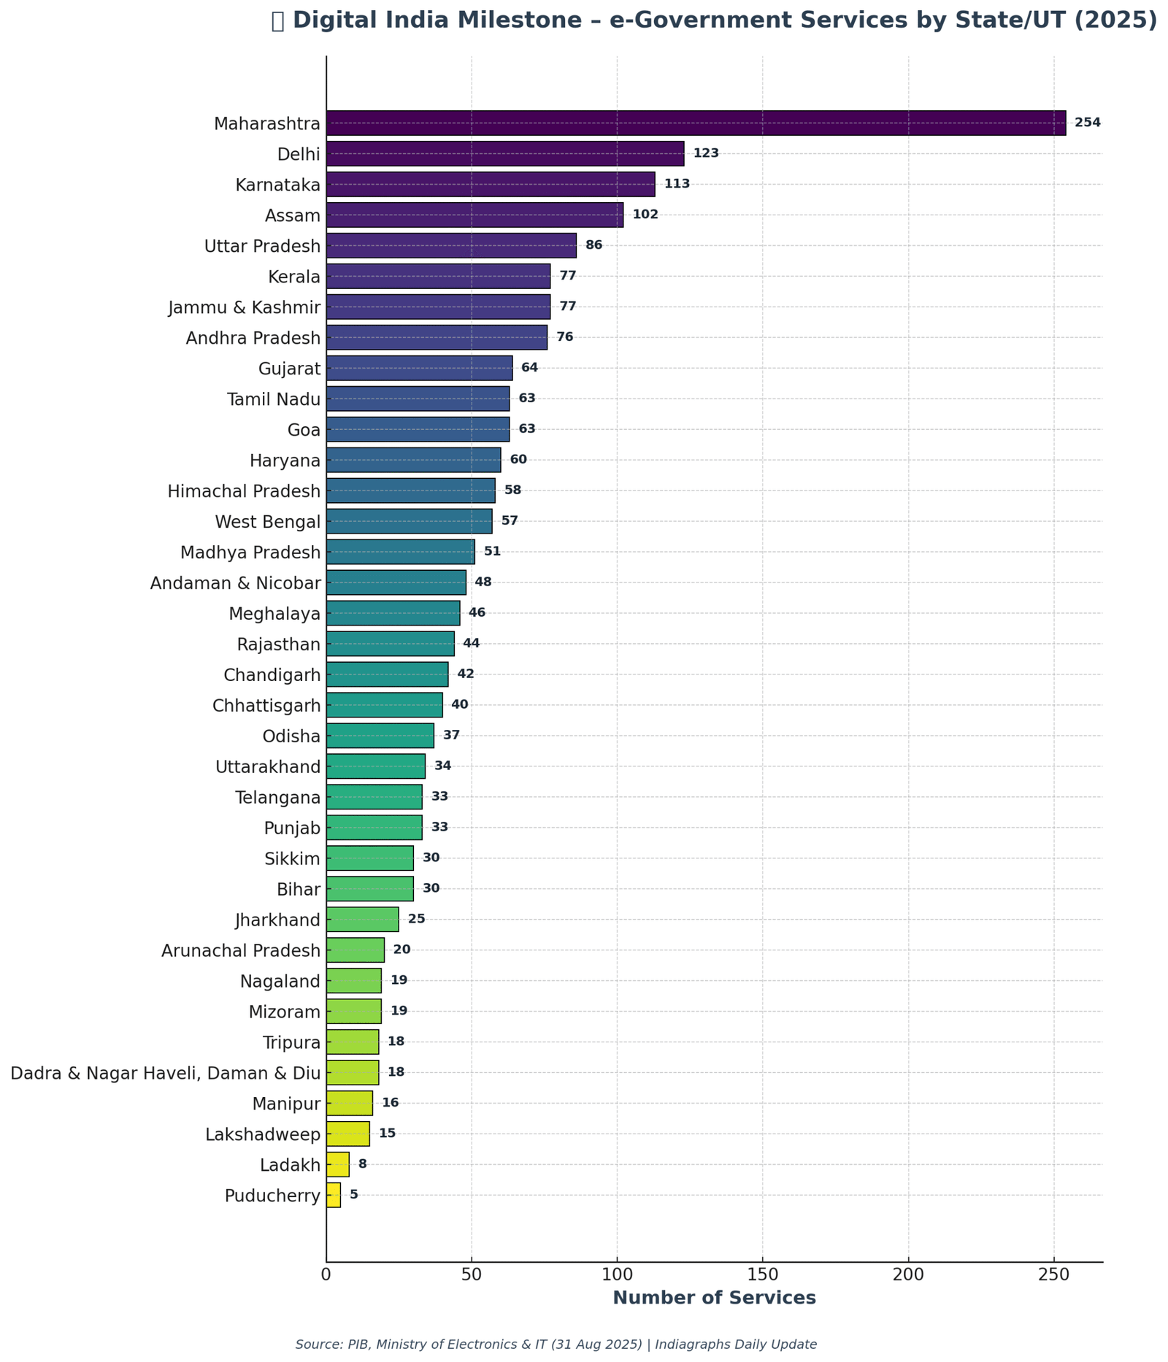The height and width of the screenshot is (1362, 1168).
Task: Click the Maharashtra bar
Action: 695,123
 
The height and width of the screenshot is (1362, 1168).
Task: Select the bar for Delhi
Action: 505,153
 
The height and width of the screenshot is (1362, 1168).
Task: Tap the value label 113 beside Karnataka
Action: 677,184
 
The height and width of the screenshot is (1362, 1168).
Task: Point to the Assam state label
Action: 293,215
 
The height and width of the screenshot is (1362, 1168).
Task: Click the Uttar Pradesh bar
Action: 451,245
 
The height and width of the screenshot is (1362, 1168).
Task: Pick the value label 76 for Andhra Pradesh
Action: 565,337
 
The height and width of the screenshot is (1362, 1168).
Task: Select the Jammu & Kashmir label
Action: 245,307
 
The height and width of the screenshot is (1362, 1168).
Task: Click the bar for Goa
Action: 418,429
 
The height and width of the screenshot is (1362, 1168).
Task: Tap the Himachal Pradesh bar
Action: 410,490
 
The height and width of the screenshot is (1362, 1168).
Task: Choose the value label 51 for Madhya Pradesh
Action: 492,552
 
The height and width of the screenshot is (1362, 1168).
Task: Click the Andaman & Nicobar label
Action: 235,583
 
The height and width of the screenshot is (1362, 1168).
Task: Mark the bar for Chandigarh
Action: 387,674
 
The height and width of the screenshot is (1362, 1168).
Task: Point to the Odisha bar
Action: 380,736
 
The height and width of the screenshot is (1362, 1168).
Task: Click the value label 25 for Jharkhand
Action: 416,919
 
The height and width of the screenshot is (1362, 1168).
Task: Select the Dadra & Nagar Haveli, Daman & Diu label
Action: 166,1073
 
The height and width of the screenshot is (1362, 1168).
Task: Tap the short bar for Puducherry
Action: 334,1195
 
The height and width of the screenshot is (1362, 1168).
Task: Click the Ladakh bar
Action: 338,1164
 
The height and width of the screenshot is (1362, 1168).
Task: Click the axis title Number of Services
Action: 714,1298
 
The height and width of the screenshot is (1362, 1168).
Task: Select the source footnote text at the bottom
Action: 556,1344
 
